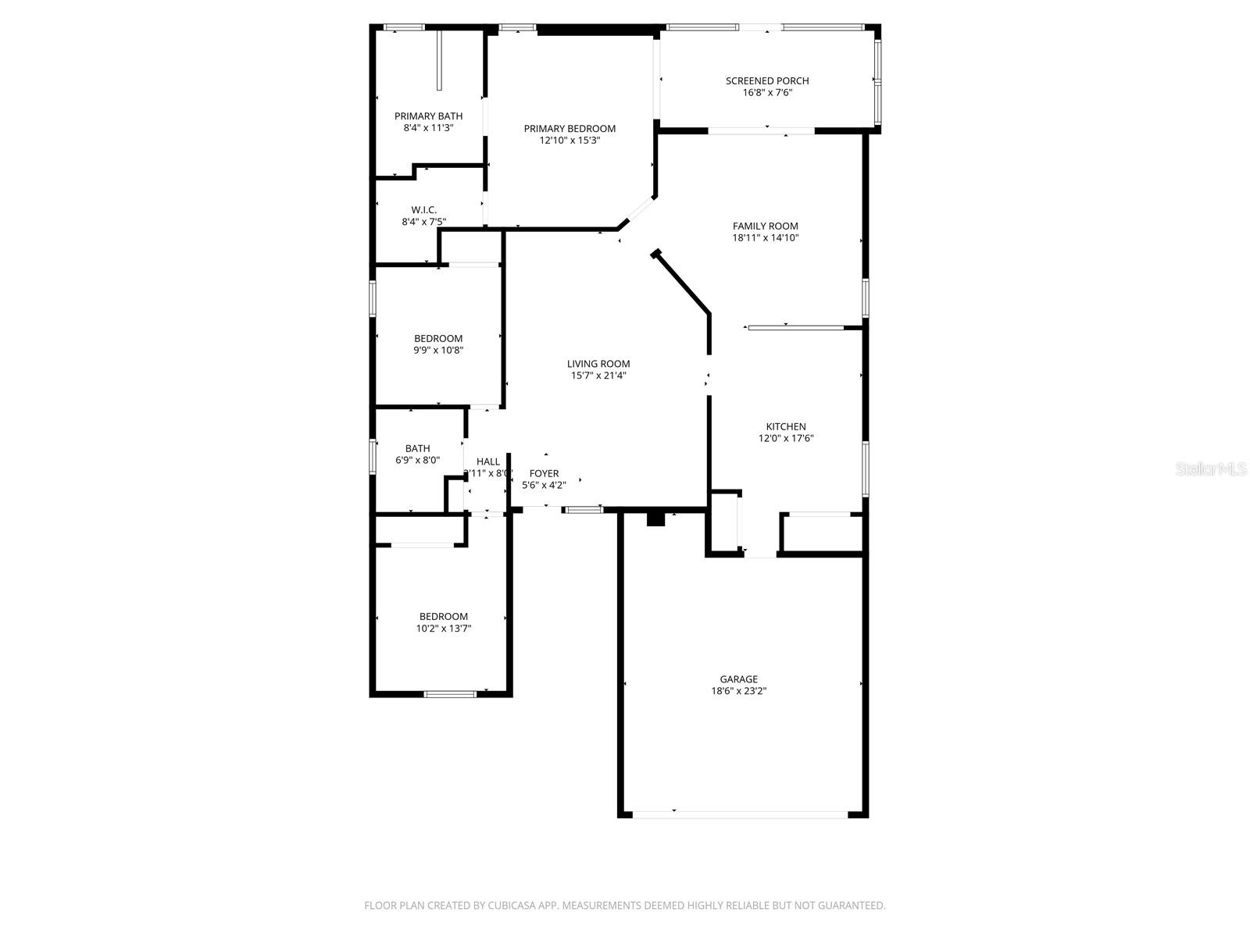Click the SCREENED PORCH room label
pos(766,80)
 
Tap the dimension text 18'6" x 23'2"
pos(738,691)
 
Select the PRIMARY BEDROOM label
pos(570,129)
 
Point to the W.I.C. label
pos(424,210)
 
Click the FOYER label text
pos(544,474)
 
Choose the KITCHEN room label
pos(785,426)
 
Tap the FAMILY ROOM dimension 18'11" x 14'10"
pos(765,238)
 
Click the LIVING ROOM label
pos(598,364)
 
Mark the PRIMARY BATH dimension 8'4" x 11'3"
pos(428,128)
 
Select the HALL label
pos(487,462)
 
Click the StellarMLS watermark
pos(1212,469)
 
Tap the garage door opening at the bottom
pos(740,814)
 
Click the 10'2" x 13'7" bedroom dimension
pos(443,629)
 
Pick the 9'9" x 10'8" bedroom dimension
pos(438,351)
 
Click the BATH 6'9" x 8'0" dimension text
pos(417,461)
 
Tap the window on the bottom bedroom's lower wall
pos(449,693)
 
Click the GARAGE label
pos(738,679)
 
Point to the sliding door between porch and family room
pos(761,131)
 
